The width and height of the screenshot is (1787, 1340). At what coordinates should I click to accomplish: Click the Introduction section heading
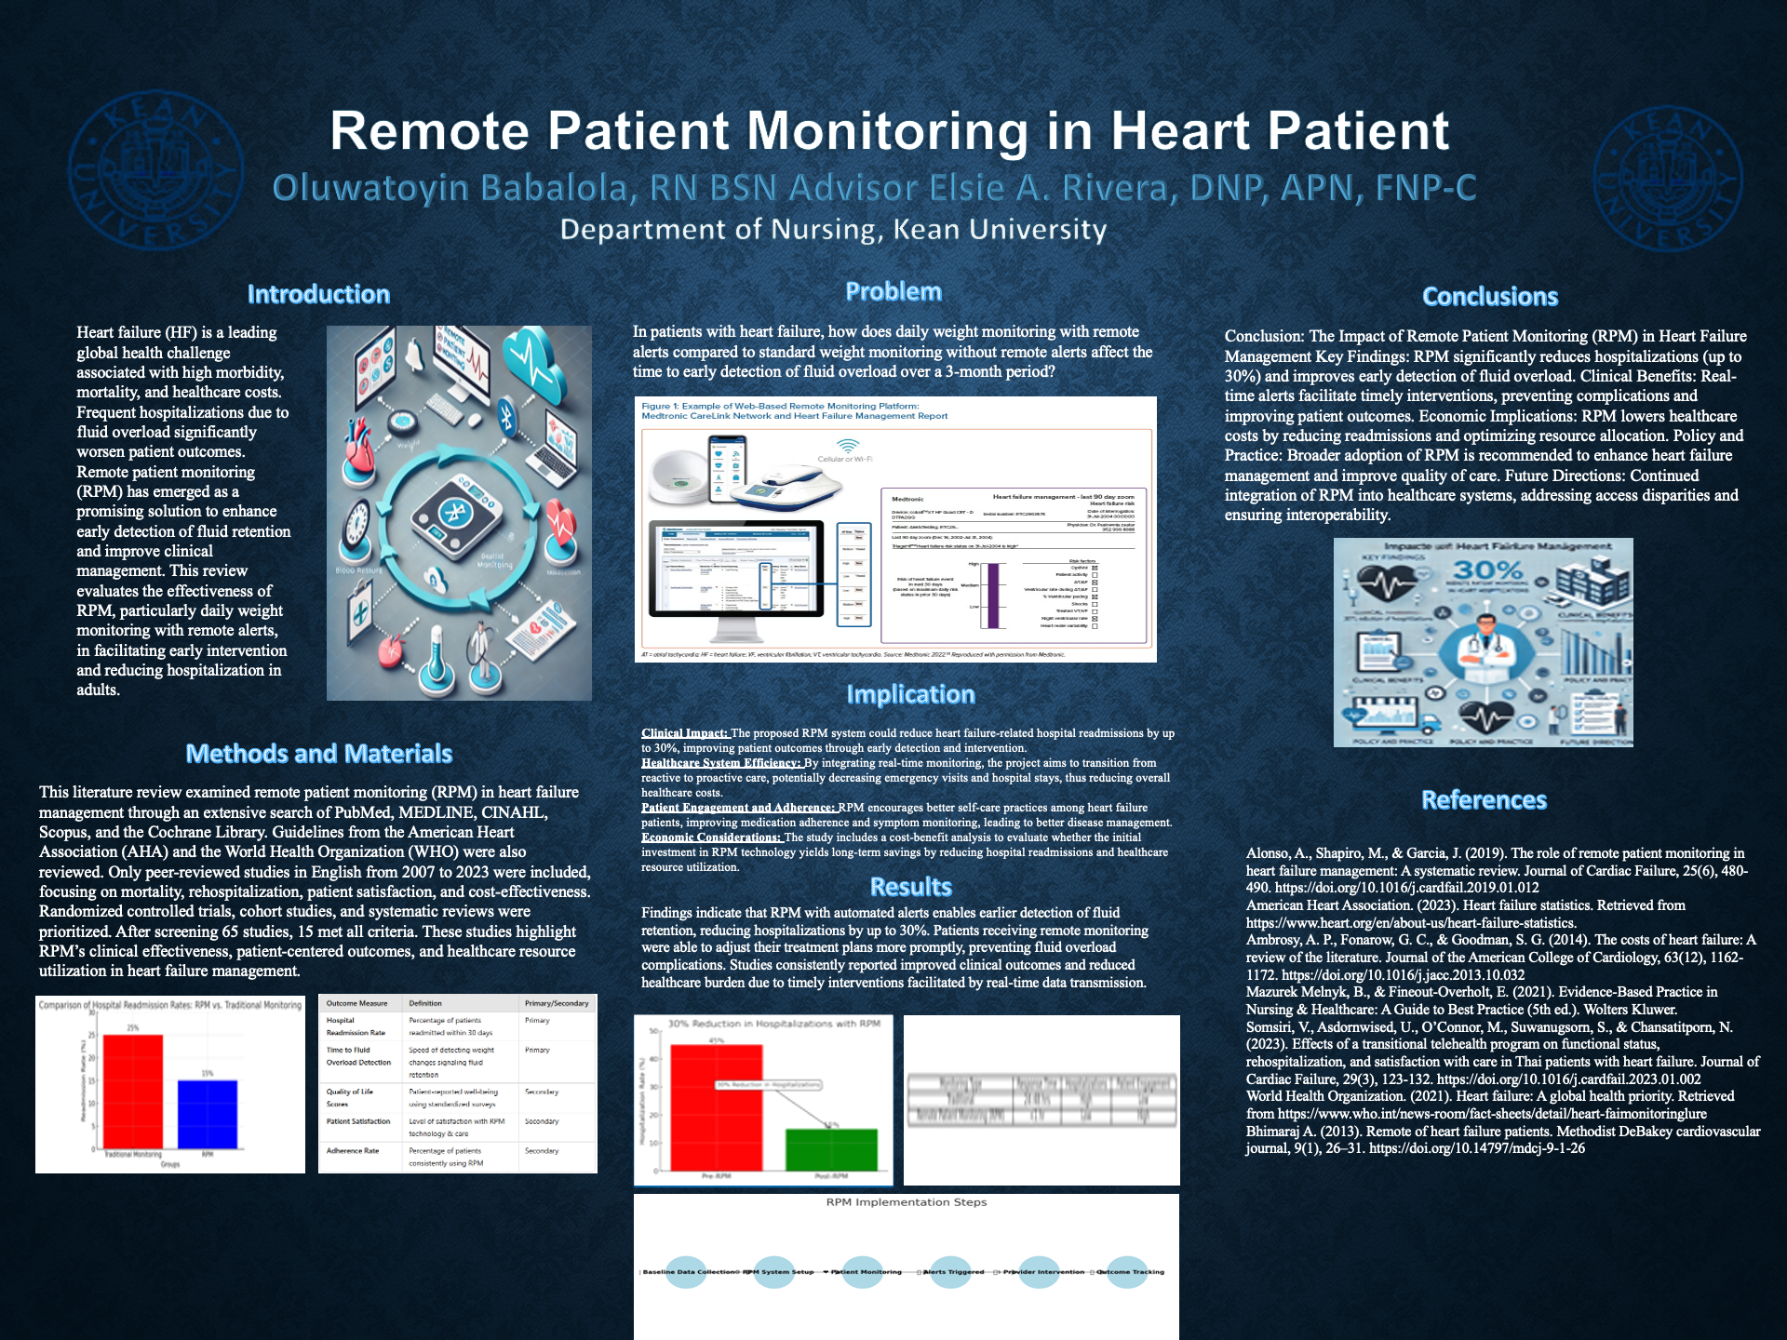pyautogui.click(x=318, y=294)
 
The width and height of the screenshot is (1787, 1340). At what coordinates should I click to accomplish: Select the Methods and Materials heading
pyautogui.click(x=318, y=754)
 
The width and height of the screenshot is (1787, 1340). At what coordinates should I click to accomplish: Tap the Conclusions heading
pyautogui.click(x=1489, y=297)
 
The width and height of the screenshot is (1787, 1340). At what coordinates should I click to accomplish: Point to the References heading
pyautogui.click(x=1484, y=800)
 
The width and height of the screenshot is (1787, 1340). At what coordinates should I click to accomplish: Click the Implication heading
pyautogui.click(x=910, y=694)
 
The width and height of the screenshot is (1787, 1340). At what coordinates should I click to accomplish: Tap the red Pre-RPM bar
pyautogui.click(x=716, y=1107)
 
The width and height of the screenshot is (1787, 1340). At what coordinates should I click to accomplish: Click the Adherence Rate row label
pyautogui.click(x=353, y=1151)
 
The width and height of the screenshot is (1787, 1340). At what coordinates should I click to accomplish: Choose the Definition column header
pyautogui.click(x=425, y=1003)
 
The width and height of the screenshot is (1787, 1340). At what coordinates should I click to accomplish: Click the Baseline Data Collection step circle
pyautogui.click(x=687, y=1272)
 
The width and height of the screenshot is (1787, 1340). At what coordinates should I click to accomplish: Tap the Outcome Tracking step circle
pyautogui.click(x=1127, y=1272)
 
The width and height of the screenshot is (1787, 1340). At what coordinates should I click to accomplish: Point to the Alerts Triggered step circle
pyautogui.click(x=951, y=1272)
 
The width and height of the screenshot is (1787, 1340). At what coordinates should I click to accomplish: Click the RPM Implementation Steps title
pyautogui.click(x=906, y=1202)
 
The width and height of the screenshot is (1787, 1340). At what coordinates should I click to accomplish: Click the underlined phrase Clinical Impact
pyautogui.click(x=684, y=733)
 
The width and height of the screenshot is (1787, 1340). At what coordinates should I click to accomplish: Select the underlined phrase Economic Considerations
pyautogui.click(x=711, y=837)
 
